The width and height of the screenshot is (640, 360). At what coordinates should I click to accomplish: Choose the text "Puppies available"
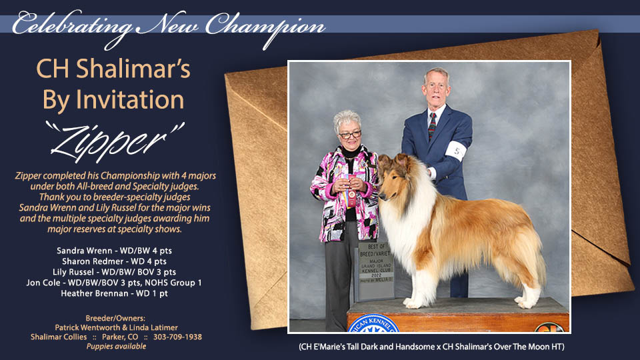point(116,346)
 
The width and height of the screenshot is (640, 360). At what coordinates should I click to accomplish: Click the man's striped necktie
point(432,125)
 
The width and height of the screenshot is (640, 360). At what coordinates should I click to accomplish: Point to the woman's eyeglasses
point(350,135)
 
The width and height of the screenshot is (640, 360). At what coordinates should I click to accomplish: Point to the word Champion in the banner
point(263,25)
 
